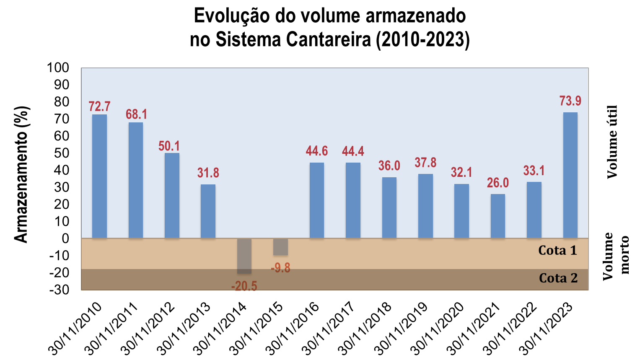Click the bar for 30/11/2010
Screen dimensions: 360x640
[x=99, y=176]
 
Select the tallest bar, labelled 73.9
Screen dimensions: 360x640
[x=570, y=175]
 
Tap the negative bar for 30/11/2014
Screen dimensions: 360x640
[x=244, y=256]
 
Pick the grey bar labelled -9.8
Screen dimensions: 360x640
[x=280, y=247]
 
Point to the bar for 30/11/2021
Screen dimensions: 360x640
[x=497, y=216]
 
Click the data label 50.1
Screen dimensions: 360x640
[x=169, y=146]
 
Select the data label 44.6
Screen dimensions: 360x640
[x=317, y=151]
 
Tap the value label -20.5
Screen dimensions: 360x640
[x=244, y=286]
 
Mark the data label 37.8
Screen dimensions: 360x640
[x=425, y=162]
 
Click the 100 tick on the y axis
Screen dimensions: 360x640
[x=58, y=67]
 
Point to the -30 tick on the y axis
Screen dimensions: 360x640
[x=59, y=290]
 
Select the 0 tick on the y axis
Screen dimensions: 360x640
[x=65, y=238]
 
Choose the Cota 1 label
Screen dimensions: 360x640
[x=557, y=251]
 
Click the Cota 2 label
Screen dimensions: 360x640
[x=558, y=278]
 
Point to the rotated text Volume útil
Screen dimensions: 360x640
[x=612, y=142]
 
